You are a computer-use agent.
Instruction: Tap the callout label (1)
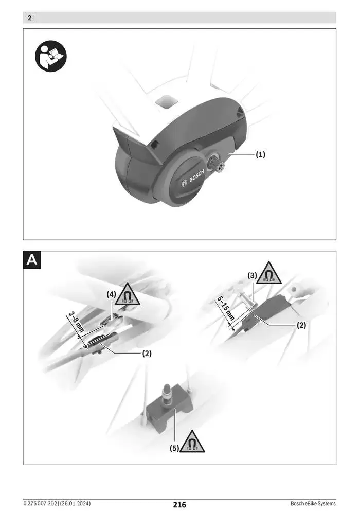(x=261, y=154)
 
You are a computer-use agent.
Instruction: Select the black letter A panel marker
(x=32, y=260)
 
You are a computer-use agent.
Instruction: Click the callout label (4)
(x=112, y=294)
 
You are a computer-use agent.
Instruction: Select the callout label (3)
(x=253, y=276)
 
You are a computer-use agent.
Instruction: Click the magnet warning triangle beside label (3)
(x=269, y=273)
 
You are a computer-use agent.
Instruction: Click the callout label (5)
(x=175, y=448)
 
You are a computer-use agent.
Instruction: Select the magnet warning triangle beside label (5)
(x=192, y=443)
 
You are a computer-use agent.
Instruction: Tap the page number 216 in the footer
(x=179, y=505)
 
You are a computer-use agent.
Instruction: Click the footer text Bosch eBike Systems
(x=313, y=503)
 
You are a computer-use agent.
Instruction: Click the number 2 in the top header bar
(x=29, y=18)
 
